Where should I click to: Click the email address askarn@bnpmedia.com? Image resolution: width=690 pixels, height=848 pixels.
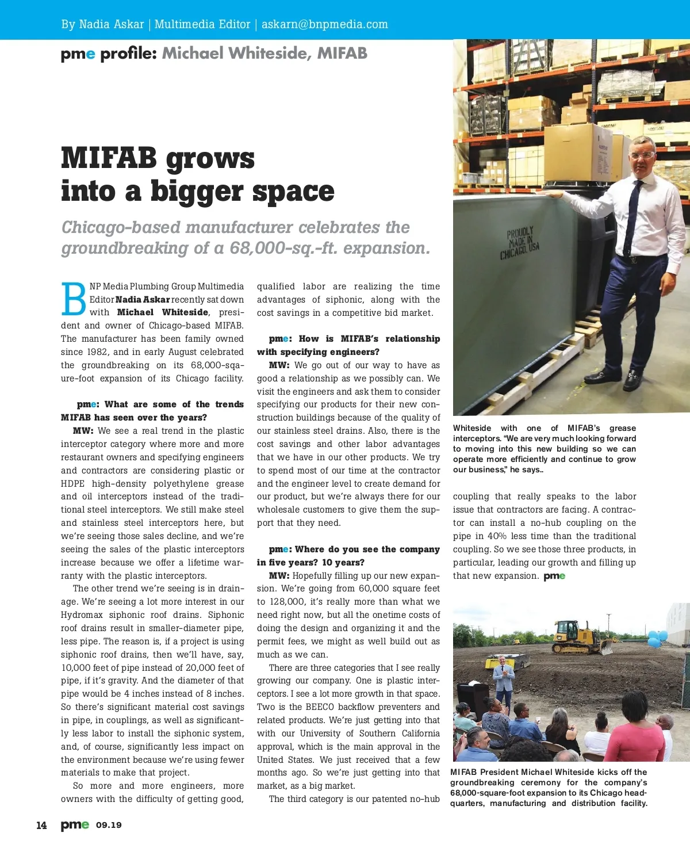pos(324,24)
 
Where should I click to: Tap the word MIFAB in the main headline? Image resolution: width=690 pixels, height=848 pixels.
pos(109,158)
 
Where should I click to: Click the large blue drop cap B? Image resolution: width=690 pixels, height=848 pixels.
pos(74,299)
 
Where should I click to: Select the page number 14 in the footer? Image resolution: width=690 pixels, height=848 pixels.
pos(41,825)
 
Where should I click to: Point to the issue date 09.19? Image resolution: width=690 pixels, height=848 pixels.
pos(109,825)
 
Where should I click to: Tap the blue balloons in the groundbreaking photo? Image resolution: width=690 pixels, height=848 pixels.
pos(657,638)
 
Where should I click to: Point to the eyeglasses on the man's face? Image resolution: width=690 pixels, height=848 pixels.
pos(642,155)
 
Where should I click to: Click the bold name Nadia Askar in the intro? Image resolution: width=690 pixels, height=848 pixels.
pos(143,300)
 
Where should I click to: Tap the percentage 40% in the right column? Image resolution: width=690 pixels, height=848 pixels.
pos(497,536)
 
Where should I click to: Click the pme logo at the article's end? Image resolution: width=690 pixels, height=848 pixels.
pos(554,576)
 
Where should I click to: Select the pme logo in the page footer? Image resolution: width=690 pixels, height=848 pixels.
pos(75,825)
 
